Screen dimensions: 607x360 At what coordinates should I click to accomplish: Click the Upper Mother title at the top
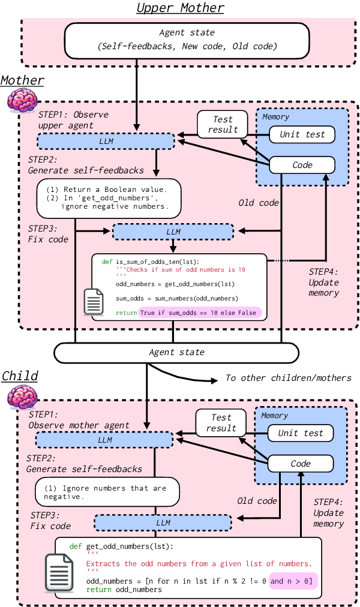[180, 8]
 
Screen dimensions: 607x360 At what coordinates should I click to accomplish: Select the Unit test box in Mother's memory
[302, 134]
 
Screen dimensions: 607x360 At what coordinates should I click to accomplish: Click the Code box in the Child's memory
[301, 464]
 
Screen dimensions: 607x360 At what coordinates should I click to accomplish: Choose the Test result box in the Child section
[221, 423]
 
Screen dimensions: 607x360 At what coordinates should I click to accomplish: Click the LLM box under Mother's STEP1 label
[106, 142]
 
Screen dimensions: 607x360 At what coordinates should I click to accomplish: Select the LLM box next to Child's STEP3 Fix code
[163, 522]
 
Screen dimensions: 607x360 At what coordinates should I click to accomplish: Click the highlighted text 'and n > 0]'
[292, 581]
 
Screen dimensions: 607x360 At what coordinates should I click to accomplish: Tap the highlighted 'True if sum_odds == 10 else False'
[200, 312]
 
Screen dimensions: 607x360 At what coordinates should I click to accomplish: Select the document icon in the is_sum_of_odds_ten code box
[94, 302]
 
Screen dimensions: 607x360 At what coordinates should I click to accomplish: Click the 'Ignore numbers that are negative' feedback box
[107, 492]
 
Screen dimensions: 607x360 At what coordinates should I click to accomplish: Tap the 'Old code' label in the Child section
[257, 501]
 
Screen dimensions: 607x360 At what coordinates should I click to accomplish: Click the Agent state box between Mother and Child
[176, 352]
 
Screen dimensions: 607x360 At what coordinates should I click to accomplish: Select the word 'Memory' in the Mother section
[276, 117]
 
